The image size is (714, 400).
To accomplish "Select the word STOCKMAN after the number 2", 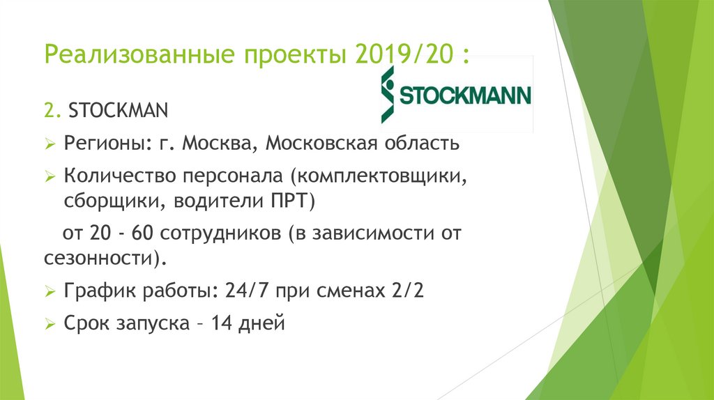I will (110, 110).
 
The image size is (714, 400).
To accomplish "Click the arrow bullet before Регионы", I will (50, 144).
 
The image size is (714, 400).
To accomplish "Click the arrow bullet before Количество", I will (50, 178).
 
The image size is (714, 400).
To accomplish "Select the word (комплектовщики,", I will (377, 177).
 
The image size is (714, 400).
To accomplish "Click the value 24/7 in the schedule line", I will (248, 291).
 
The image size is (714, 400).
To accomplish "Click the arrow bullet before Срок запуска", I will (50, 325).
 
